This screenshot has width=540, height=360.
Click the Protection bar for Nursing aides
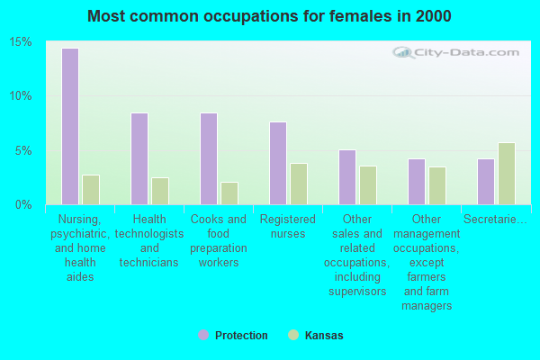click(x=69, y=126)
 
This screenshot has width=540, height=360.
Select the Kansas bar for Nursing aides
click(x=91, y=190)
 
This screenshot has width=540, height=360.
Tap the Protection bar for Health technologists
click(x=139, y=158)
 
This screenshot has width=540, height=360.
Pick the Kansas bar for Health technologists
click(x=160, y=191)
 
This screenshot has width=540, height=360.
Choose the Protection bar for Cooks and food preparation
click(x=208, y=158)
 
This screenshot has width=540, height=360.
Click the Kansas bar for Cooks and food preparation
click(x=229, y=193)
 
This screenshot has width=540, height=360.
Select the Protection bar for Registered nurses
click(x=278, y=163)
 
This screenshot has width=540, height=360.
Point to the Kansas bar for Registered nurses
click(x=299, y=184)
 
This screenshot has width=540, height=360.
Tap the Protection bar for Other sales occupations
click(x=347, y=177)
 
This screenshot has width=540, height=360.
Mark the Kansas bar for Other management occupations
click(x=437, y=185)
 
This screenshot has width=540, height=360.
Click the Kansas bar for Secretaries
click(x=507, y=174)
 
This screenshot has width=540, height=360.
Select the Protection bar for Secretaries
click(x=486, y=182)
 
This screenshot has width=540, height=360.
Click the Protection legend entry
click(x=233, y=336)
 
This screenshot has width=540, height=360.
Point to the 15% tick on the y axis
click(x=21, y=42)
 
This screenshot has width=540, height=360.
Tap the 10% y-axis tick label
click(x=21, y=96)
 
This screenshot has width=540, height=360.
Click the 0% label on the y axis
click(x=24, y=205)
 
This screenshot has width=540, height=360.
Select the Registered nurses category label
click(x=288, y=227)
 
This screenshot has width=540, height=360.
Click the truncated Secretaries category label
click(x=495, y=220)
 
